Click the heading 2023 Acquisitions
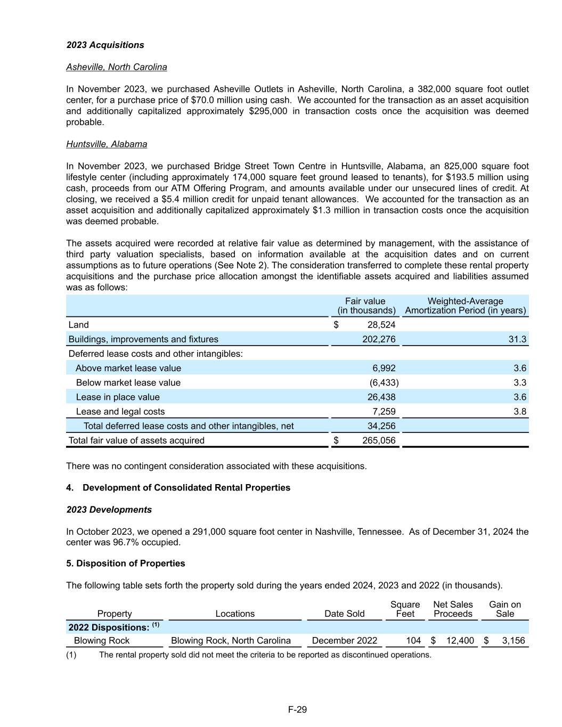pos(105,45)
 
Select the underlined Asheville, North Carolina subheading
pos(116,67)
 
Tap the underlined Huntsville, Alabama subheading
pos(107,144)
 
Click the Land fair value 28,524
pos(381,325)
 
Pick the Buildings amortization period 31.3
pos(517,339)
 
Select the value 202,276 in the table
pos(379,339)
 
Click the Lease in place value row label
pos(118,397)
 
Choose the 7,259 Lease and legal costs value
pos(384,412)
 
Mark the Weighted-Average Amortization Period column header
pos(465,306)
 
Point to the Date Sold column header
pos(344,614)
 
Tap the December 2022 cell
pos(344,641)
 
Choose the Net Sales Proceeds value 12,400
pos(460,641)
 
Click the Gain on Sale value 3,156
pos(513,641)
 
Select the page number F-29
pos(297,709)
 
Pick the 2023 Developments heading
pos(109,510)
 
